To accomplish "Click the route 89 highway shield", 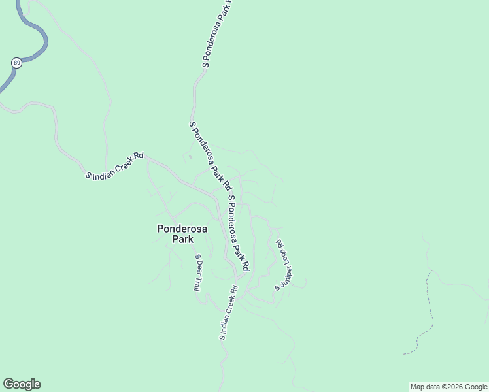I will (x=16, y=63).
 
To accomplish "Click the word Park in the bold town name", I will (x=182, y=239).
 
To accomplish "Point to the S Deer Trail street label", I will (x=197, y=272).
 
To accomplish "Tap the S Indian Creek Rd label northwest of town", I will (x=115, y=166).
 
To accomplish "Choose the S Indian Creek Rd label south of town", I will (x=228, y=313).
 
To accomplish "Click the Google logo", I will (x=22, y=384).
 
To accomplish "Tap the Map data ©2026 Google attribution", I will (x=449, y=387).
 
